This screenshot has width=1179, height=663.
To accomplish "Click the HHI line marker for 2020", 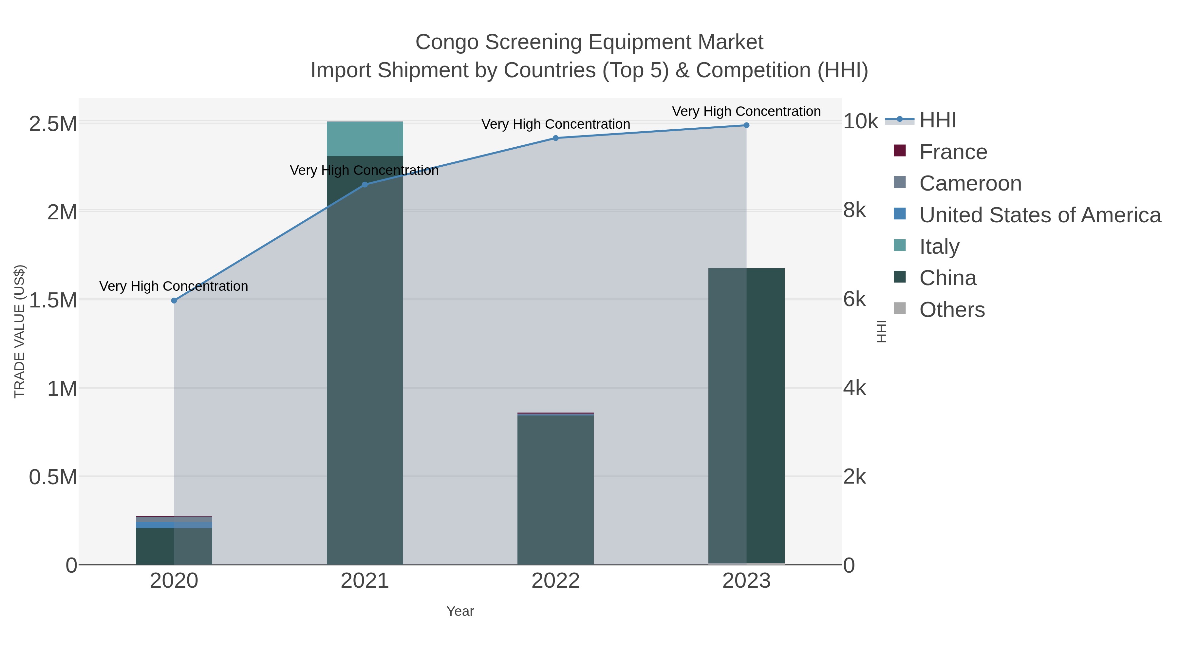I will point(174,301).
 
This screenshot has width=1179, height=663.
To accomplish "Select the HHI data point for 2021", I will point(365,185).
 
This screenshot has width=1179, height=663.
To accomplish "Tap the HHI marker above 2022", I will point(556,138).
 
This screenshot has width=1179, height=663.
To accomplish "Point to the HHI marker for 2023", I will point(746,125).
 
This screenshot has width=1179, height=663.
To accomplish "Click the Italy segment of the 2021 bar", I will point(365,138).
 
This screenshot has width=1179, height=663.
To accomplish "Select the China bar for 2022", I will point(556,489).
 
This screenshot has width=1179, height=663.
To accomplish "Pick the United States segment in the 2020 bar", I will point(155,525).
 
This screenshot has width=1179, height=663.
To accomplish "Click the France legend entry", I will point(953,152).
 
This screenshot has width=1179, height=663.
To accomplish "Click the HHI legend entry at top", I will point(937,120).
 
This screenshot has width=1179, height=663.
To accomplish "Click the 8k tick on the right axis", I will point(854,211).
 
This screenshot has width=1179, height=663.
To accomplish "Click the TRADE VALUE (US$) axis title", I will point(19,331).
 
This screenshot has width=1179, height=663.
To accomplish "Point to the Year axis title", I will point(460,611).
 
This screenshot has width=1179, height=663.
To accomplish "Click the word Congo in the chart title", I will point(447,42).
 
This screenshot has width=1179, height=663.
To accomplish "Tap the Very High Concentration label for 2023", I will point(746,111).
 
